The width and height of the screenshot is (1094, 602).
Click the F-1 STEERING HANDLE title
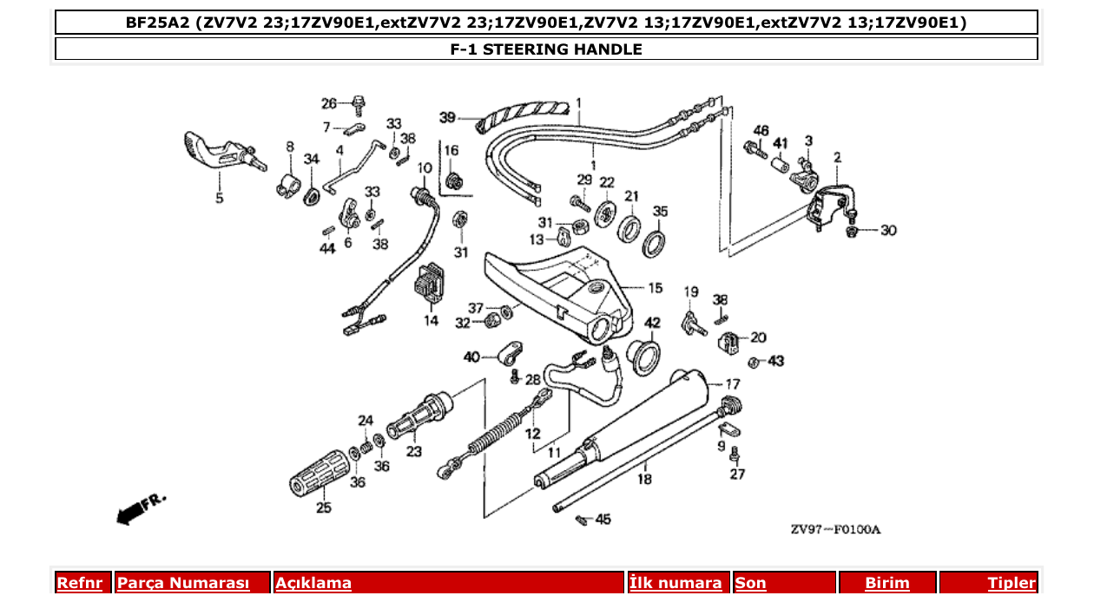pos(546,49)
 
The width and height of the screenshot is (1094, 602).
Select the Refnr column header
pos(79,583)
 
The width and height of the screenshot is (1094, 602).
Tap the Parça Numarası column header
pos(183,583)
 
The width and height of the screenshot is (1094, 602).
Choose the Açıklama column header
pos(313,583)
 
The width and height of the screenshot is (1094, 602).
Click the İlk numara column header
pos(676,583)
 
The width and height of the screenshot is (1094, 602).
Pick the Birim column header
pos(886,583)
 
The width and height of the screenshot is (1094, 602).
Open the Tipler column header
pos(1012,583)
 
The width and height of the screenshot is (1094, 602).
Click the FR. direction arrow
pos(139,509)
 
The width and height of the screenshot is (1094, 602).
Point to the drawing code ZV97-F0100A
pos(834,529)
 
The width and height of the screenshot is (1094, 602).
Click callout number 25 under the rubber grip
pos(323,508)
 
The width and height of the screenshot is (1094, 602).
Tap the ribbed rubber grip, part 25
pos(317,476)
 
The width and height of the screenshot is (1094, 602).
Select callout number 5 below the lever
pos(219,199)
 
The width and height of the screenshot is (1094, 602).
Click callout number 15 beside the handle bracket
pos(654,287)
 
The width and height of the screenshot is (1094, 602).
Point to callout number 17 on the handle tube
pos(733,383)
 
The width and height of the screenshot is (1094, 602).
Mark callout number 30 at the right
pos(888,231)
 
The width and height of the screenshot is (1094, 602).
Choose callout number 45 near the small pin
pos(603,520)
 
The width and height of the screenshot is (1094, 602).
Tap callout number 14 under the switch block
pos(431,321)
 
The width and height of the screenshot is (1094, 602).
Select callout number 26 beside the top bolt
pos(329,104)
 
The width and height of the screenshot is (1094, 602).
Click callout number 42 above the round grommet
pos(652,323)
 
